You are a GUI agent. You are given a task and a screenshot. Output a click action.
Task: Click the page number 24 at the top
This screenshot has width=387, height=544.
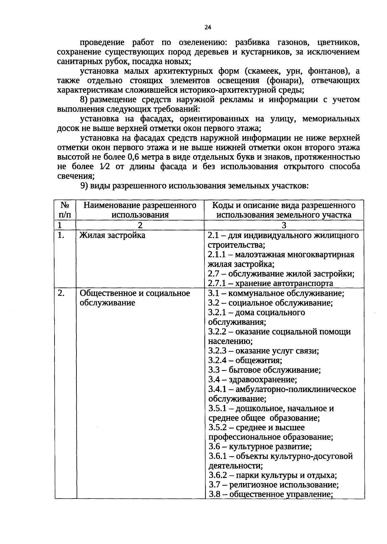click(x=208, y=28)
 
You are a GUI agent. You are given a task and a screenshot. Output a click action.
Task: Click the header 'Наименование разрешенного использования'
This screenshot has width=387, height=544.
click(x=140, y=210)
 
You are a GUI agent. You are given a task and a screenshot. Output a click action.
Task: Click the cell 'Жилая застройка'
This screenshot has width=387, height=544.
click(x=112, y=235)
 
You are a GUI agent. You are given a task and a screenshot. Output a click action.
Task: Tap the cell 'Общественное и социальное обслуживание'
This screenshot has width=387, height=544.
click(x=135, y=298)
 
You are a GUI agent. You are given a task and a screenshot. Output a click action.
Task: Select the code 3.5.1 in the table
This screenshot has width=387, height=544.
click(x=218, y=408)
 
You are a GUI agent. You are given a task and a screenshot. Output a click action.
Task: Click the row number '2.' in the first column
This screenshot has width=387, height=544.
click(x=61, y=293)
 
